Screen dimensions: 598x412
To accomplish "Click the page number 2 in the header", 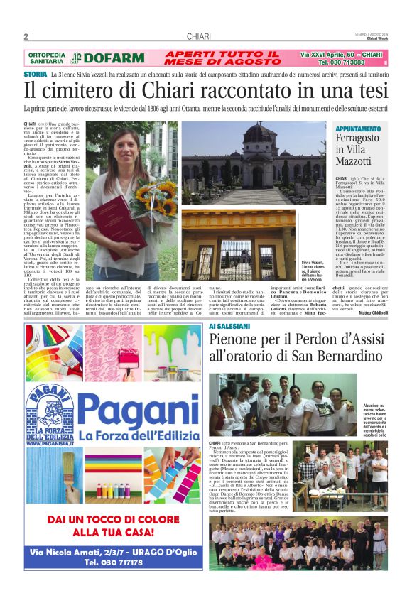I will [x=26, y=37].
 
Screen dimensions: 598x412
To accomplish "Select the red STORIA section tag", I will [x=36, y=74].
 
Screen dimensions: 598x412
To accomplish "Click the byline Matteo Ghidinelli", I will [x=373, y=311].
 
